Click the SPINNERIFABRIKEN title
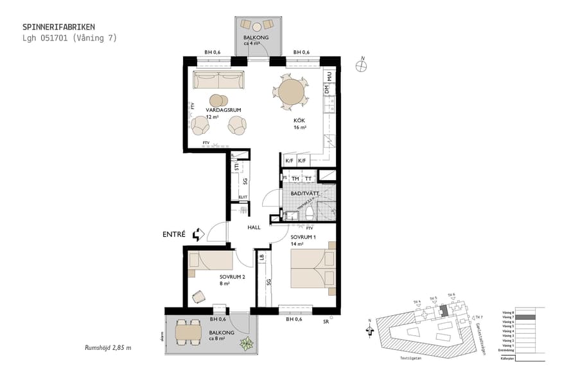coord(58,27)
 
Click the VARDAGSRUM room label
coord(223,110)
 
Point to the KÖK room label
coord(299,120)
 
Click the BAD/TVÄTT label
coord(305,192)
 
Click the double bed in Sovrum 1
coord(313,268)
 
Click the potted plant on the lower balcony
coord(246,344)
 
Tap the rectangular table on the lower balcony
coord(189,332)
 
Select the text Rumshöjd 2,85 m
coord(108,347)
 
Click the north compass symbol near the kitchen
coord(362,65)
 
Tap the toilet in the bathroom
coord(310,214)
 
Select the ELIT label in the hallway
coord(243,198)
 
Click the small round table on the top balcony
coord(257,26)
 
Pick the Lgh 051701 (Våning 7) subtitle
coord(69,38)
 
